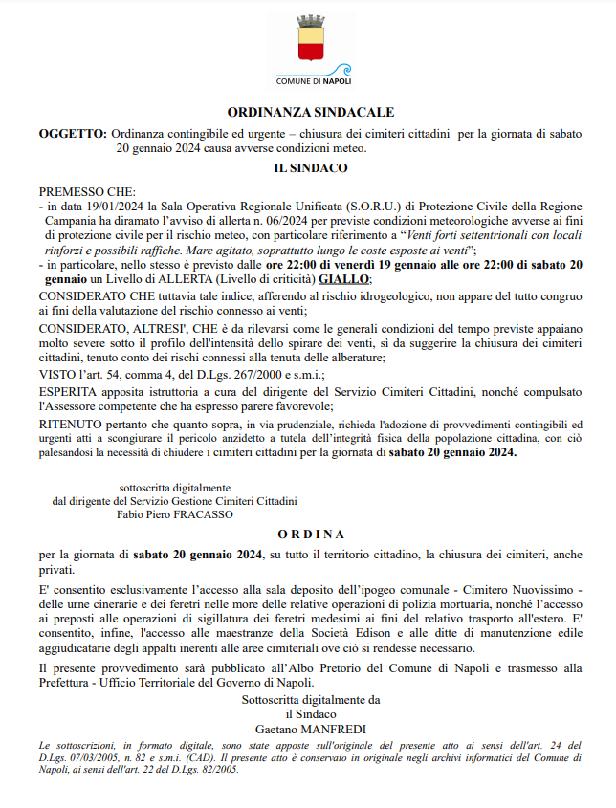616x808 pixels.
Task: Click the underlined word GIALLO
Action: pyautogui.click(x=343, y=278)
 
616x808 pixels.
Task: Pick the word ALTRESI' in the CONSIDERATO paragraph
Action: pyautogui.click(x=153, y=326)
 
